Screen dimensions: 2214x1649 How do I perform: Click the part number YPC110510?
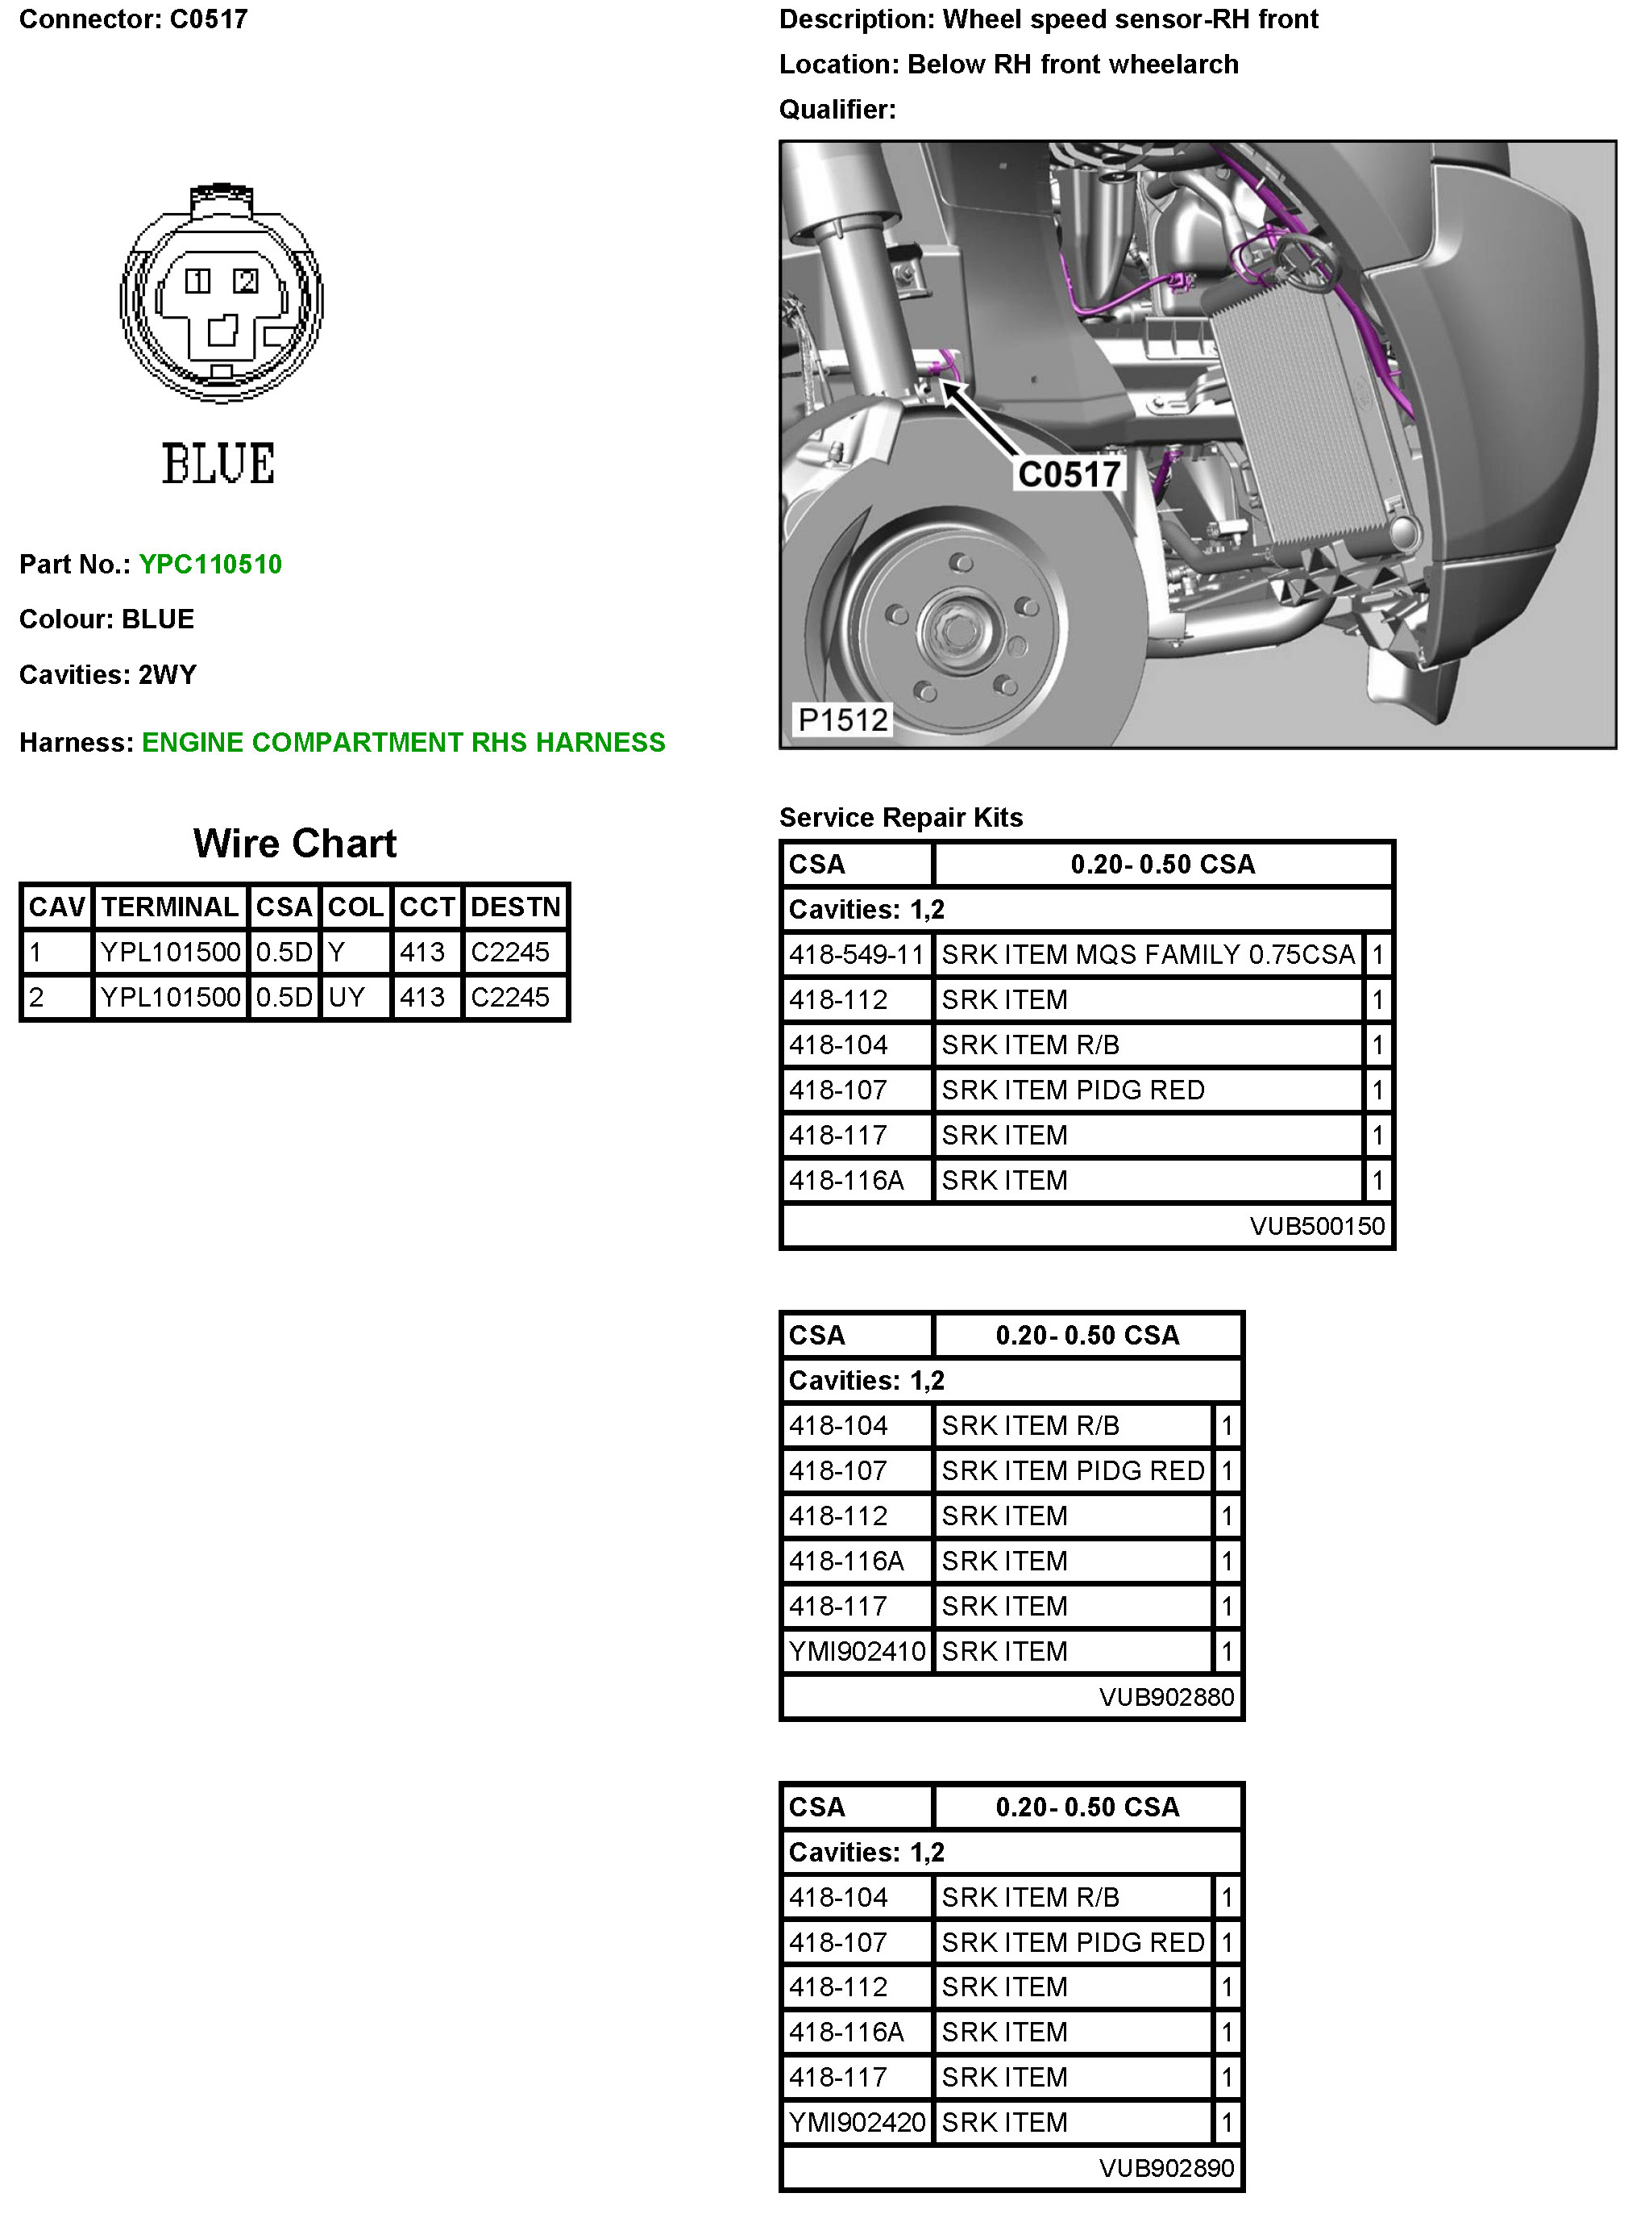[x=210, y=565]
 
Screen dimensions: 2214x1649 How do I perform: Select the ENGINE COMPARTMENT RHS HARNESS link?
[x=402, y=742]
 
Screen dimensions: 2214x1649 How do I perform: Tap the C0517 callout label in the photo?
[x=1068, y=473]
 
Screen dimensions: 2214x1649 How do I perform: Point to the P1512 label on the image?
[x=842, y=719]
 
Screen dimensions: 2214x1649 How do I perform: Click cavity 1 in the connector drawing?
[x=197, y=281]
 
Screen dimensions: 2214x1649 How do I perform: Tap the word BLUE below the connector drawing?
[x=218, y=465]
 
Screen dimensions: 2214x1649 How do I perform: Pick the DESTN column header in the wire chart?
[x=515, y=907]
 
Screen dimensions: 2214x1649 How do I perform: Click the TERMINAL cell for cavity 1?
[x=171, y=952]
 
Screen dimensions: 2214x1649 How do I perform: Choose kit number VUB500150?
[x=1317, y=1225]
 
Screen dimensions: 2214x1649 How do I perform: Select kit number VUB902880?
[x=1166, y=1697]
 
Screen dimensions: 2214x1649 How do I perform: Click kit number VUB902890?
[x=1166, y=2168]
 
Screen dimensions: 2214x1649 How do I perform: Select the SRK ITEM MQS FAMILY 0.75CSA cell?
[x=1148, y=955]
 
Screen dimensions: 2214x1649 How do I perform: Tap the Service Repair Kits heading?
[x=900, y=818]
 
